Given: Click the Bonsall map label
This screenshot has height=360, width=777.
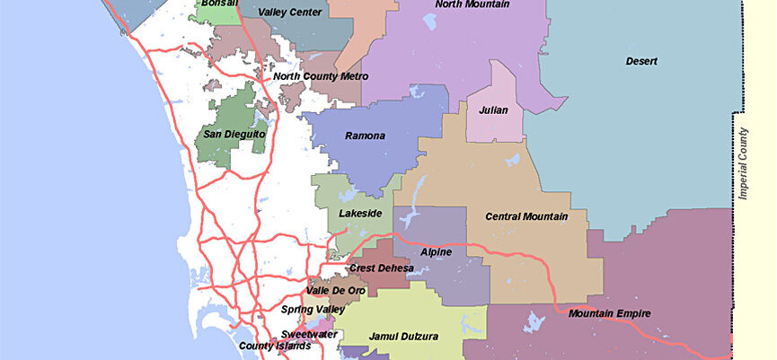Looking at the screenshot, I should pos(220,4).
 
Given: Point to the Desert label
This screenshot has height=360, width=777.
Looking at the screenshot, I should pos(642,62).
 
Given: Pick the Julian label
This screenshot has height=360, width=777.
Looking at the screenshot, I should pos(493,110).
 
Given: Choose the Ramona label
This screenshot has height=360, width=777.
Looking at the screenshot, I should pos(365,136).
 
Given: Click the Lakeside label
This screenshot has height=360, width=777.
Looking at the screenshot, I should pos(360,214).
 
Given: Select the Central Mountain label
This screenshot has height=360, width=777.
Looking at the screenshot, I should pos(526,216).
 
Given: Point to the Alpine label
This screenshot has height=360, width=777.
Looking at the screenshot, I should pos(436,252).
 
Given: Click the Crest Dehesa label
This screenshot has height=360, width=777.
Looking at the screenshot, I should pos(381,268).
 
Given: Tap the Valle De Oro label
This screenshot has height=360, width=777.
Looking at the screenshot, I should pos(337,290).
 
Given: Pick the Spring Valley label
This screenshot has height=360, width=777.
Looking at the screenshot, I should pos(313,310).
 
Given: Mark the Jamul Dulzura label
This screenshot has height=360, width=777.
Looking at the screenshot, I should pos(403,337).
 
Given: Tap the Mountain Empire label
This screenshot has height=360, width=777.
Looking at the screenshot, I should pos(609,313).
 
